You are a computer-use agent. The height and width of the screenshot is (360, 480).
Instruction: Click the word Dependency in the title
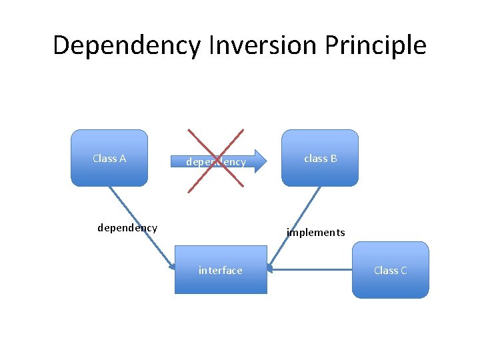coord(126,45)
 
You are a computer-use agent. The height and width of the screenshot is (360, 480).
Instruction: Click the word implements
coord(316,233)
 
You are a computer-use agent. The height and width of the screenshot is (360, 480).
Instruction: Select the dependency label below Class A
coord(127,228)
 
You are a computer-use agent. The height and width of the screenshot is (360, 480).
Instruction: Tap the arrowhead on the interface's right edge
coord(270,269)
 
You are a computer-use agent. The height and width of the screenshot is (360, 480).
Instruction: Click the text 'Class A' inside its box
coord(109,159)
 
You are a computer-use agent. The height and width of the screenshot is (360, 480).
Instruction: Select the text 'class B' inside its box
coord(321,159)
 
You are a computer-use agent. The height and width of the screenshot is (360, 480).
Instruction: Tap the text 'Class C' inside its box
coord(391,270)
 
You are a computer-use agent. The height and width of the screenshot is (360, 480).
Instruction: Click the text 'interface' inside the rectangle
coord(221,270)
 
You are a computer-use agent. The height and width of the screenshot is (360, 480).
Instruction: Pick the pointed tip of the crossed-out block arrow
coord(265,161)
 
